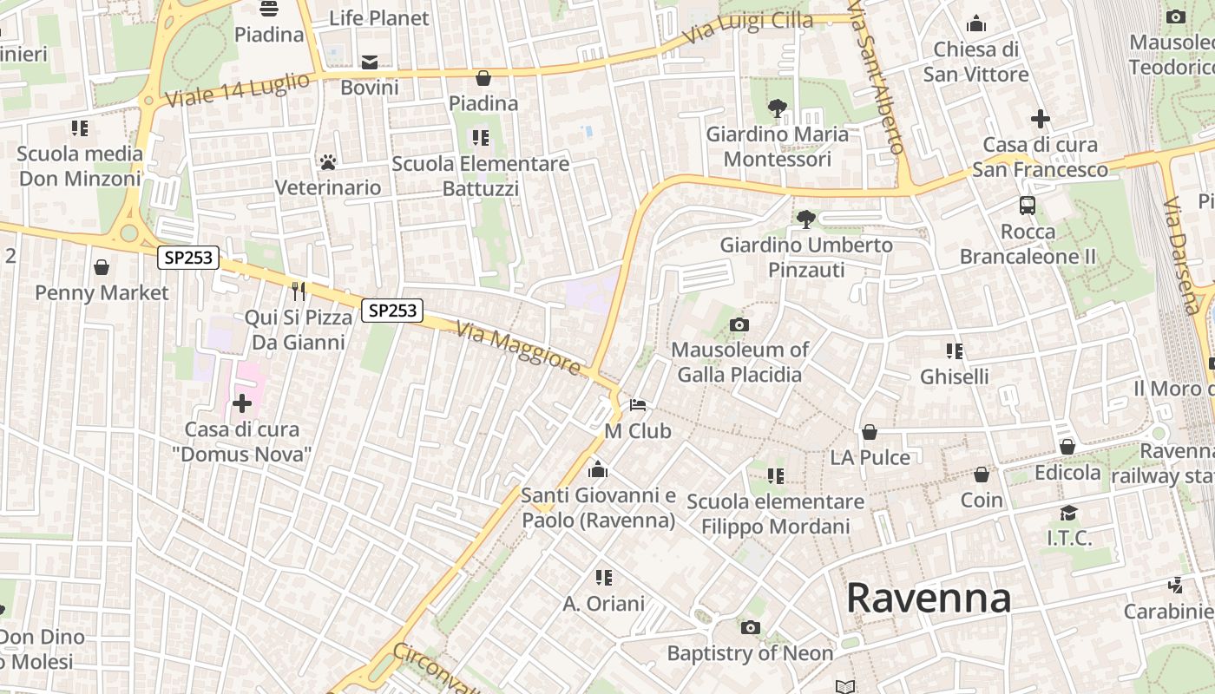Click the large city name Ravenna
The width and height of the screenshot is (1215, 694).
[929, 599]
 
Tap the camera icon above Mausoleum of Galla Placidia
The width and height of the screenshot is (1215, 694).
[739, 325]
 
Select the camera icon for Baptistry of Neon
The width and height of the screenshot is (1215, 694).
[751, 627]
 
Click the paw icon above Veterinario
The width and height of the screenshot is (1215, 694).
[328, 162]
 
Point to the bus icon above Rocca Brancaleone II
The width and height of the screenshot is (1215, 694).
[1028, 206]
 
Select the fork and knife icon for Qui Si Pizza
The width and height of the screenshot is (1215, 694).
[299, 291]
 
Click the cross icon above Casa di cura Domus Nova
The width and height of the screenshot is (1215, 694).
[242, 403]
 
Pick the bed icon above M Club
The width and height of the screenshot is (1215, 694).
[638, 405]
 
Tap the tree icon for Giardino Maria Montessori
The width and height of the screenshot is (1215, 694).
[778, 108]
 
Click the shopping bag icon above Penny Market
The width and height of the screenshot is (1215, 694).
[102, 267]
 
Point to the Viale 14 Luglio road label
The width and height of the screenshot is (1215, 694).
[236, 90]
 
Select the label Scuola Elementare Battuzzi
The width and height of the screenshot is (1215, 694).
[480, 175]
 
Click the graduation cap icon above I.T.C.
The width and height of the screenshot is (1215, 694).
[1068, 513]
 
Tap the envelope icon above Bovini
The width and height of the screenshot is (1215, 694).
[370, 62]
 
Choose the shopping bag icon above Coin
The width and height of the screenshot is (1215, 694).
[982, 475]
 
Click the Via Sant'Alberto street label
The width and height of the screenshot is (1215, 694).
[877, 78]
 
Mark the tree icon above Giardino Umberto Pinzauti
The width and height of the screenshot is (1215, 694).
[806, 219]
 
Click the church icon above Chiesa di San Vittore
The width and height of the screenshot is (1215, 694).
[976, 23]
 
